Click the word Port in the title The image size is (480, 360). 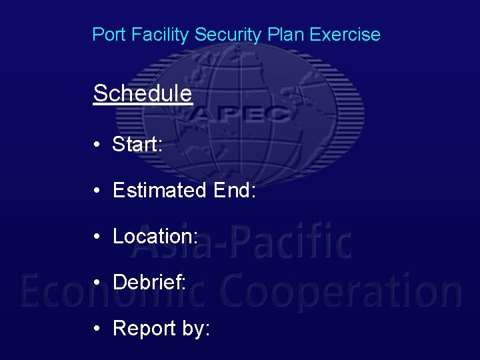107,35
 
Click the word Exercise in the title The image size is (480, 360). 345,35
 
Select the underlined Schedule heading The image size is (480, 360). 143,93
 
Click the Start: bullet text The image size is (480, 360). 137,144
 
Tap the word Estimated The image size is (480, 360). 160,191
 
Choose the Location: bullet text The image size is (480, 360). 155,237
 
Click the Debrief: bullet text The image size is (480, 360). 149,283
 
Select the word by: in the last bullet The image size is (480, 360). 195,329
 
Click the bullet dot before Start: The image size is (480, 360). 97,145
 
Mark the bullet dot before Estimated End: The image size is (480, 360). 97,191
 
